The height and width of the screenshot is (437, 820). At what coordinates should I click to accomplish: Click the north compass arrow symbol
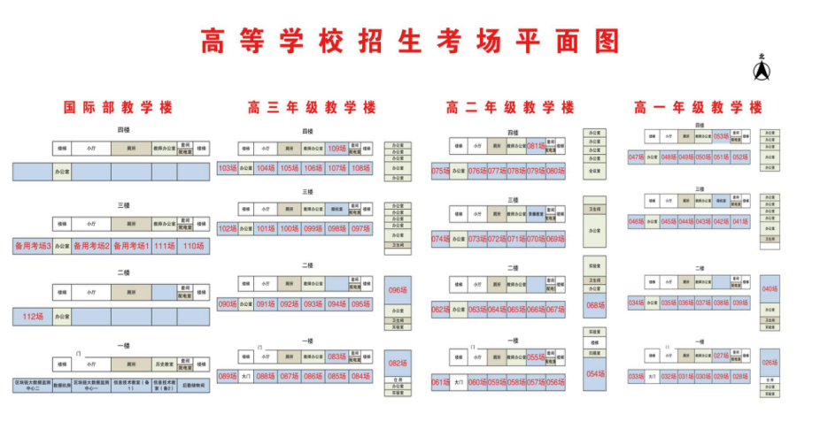(760, 70)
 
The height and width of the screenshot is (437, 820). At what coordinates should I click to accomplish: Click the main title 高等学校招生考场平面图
(409, 41)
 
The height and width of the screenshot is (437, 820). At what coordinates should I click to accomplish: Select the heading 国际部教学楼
(118, 108)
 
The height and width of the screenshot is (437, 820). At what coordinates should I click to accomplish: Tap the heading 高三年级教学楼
(312, 108)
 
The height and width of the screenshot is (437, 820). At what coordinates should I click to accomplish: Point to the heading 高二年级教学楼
(510, 108)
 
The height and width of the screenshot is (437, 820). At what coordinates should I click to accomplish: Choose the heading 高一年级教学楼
(698, 108)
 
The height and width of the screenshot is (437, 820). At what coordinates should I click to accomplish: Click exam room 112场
(33, 317)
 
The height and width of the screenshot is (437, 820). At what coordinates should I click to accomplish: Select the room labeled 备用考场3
(33, 246)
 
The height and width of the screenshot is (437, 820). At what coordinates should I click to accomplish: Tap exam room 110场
(193, 246)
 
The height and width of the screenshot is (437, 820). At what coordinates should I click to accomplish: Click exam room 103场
(227, 168)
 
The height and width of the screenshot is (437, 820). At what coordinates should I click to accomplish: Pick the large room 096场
(398, 289)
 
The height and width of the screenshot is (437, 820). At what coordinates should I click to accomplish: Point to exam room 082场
(398, 363)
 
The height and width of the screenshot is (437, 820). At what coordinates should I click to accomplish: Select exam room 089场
(227, 376)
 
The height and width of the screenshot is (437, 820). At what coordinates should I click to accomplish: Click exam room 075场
(441, 170)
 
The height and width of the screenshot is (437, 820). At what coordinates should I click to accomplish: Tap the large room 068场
(595, 305)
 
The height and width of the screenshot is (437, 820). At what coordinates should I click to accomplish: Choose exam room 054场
(595, 373)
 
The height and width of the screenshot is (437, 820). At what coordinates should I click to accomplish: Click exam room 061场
(440, 382)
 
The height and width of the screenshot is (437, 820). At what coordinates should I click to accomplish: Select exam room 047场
(636, 157)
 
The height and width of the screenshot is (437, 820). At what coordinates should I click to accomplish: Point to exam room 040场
(770, 288)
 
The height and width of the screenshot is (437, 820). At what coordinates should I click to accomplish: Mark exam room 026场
(770, 362)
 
